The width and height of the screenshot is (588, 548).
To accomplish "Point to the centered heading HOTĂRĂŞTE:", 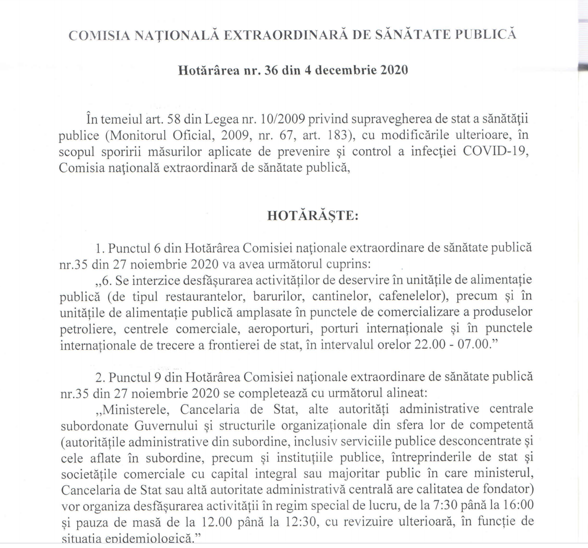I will coord(313,216).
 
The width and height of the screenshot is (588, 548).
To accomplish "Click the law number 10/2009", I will coord(285,119).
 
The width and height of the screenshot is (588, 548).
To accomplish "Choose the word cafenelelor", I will coord(410,296).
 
